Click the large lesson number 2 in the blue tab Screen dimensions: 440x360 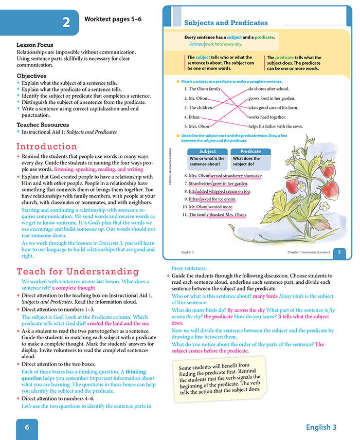point(66,23)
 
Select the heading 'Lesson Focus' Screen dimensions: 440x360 point(34,45)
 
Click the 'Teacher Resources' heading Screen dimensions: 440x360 point(43,124)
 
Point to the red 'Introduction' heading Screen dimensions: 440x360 point(47,146)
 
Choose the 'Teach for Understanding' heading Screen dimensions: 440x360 point(78,271)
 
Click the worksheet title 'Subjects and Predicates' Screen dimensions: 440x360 point(226,23)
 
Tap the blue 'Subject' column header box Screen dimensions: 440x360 point(207,152)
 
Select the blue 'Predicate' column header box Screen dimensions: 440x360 point(250,152)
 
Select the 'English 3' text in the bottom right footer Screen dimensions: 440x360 point(321,427)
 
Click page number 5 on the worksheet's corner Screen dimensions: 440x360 point(339,252)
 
